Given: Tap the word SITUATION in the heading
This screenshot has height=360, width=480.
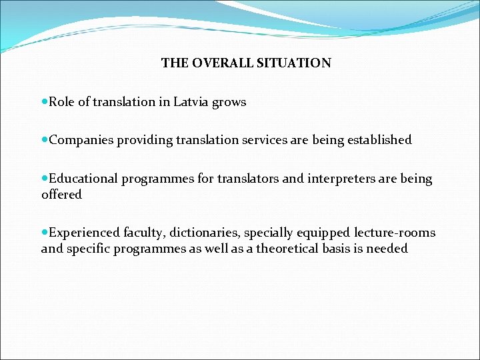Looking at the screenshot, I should pyautogui.click(x=296, y=63).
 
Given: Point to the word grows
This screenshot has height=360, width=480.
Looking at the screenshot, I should pyautogui.click(x=231, y=103).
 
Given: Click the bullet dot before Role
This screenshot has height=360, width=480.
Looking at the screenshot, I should pyautogui.click(x=45, y=102).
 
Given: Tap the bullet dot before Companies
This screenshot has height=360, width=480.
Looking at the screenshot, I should pyautogui.click(x=45, y=140).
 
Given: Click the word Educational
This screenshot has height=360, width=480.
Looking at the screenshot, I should pyautogui.click(x=83, y=179).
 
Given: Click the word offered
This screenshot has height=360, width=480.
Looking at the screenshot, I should pyautogui.click(x=61, y=195).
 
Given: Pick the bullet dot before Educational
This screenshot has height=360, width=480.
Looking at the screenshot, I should pyautogui.click(x=45, y=179).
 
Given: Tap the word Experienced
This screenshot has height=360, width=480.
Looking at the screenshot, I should pyautogui.click(x=85, y=233).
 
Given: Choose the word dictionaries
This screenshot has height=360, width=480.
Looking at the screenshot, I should pyautogui.click(x=207, y=233).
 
